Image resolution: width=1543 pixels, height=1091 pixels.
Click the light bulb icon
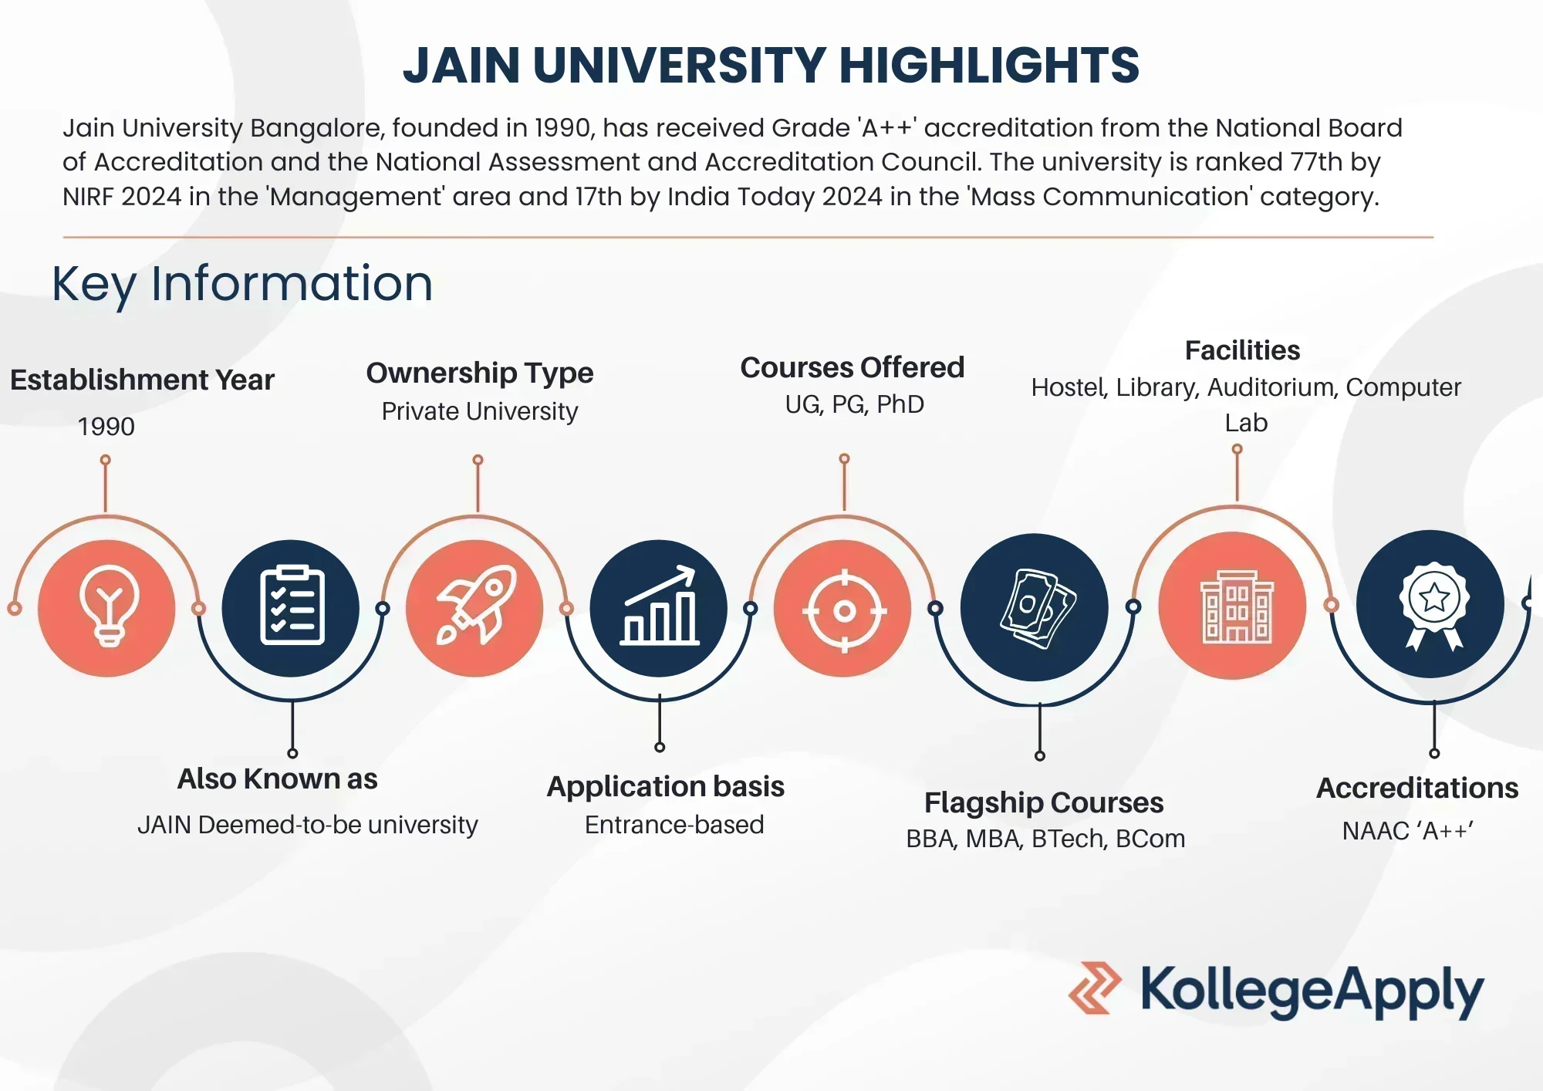click(108, 606)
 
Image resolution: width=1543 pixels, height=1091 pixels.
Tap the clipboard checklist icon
click(292, 606)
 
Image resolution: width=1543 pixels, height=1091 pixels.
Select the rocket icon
click(475, 606)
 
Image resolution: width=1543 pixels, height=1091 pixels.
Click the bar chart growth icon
click(660, 606)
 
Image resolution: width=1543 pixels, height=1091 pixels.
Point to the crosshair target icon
click(844, 610)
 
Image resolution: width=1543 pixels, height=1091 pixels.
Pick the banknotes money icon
click(1036, 608)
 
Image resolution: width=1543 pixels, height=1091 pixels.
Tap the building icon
click(1236, 606)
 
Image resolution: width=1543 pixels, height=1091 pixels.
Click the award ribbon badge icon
click(1433, 605)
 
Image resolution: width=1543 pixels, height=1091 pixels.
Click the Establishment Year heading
click(142, 380)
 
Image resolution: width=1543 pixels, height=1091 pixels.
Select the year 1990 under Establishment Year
click(106, 426)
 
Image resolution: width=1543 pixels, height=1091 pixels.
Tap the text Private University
click(479, 411)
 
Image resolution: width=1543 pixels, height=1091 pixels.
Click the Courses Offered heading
click(852, 367)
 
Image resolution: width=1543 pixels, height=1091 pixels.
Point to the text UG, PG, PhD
click(854, 404)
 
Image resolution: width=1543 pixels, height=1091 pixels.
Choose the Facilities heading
click(1242, 350)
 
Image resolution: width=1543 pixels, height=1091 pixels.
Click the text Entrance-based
click(674, 825)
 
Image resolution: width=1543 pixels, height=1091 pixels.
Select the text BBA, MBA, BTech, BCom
click(1045, 839)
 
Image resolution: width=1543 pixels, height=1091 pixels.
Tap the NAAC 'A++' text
click(1407, 831)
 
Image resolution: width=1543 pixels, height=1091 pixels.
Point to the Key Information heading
click(242, 284)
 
